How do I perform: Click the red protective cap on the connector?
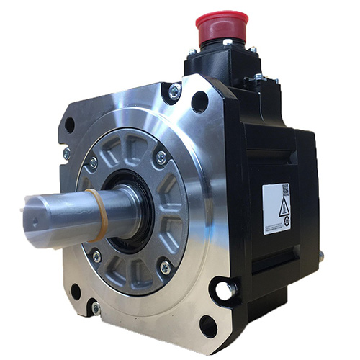[x=221, y=27]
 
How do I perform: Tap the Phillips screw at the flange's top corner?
[x=174, y=91]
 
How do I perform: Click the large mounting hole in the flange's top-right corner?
[x=199, y=102]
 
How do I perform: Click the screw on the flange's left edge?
[x=66, y=153]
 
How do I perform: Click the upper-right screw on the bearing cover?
[x=161, y=156]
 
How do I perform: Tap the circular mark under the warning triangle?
[x=286, y=222]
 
